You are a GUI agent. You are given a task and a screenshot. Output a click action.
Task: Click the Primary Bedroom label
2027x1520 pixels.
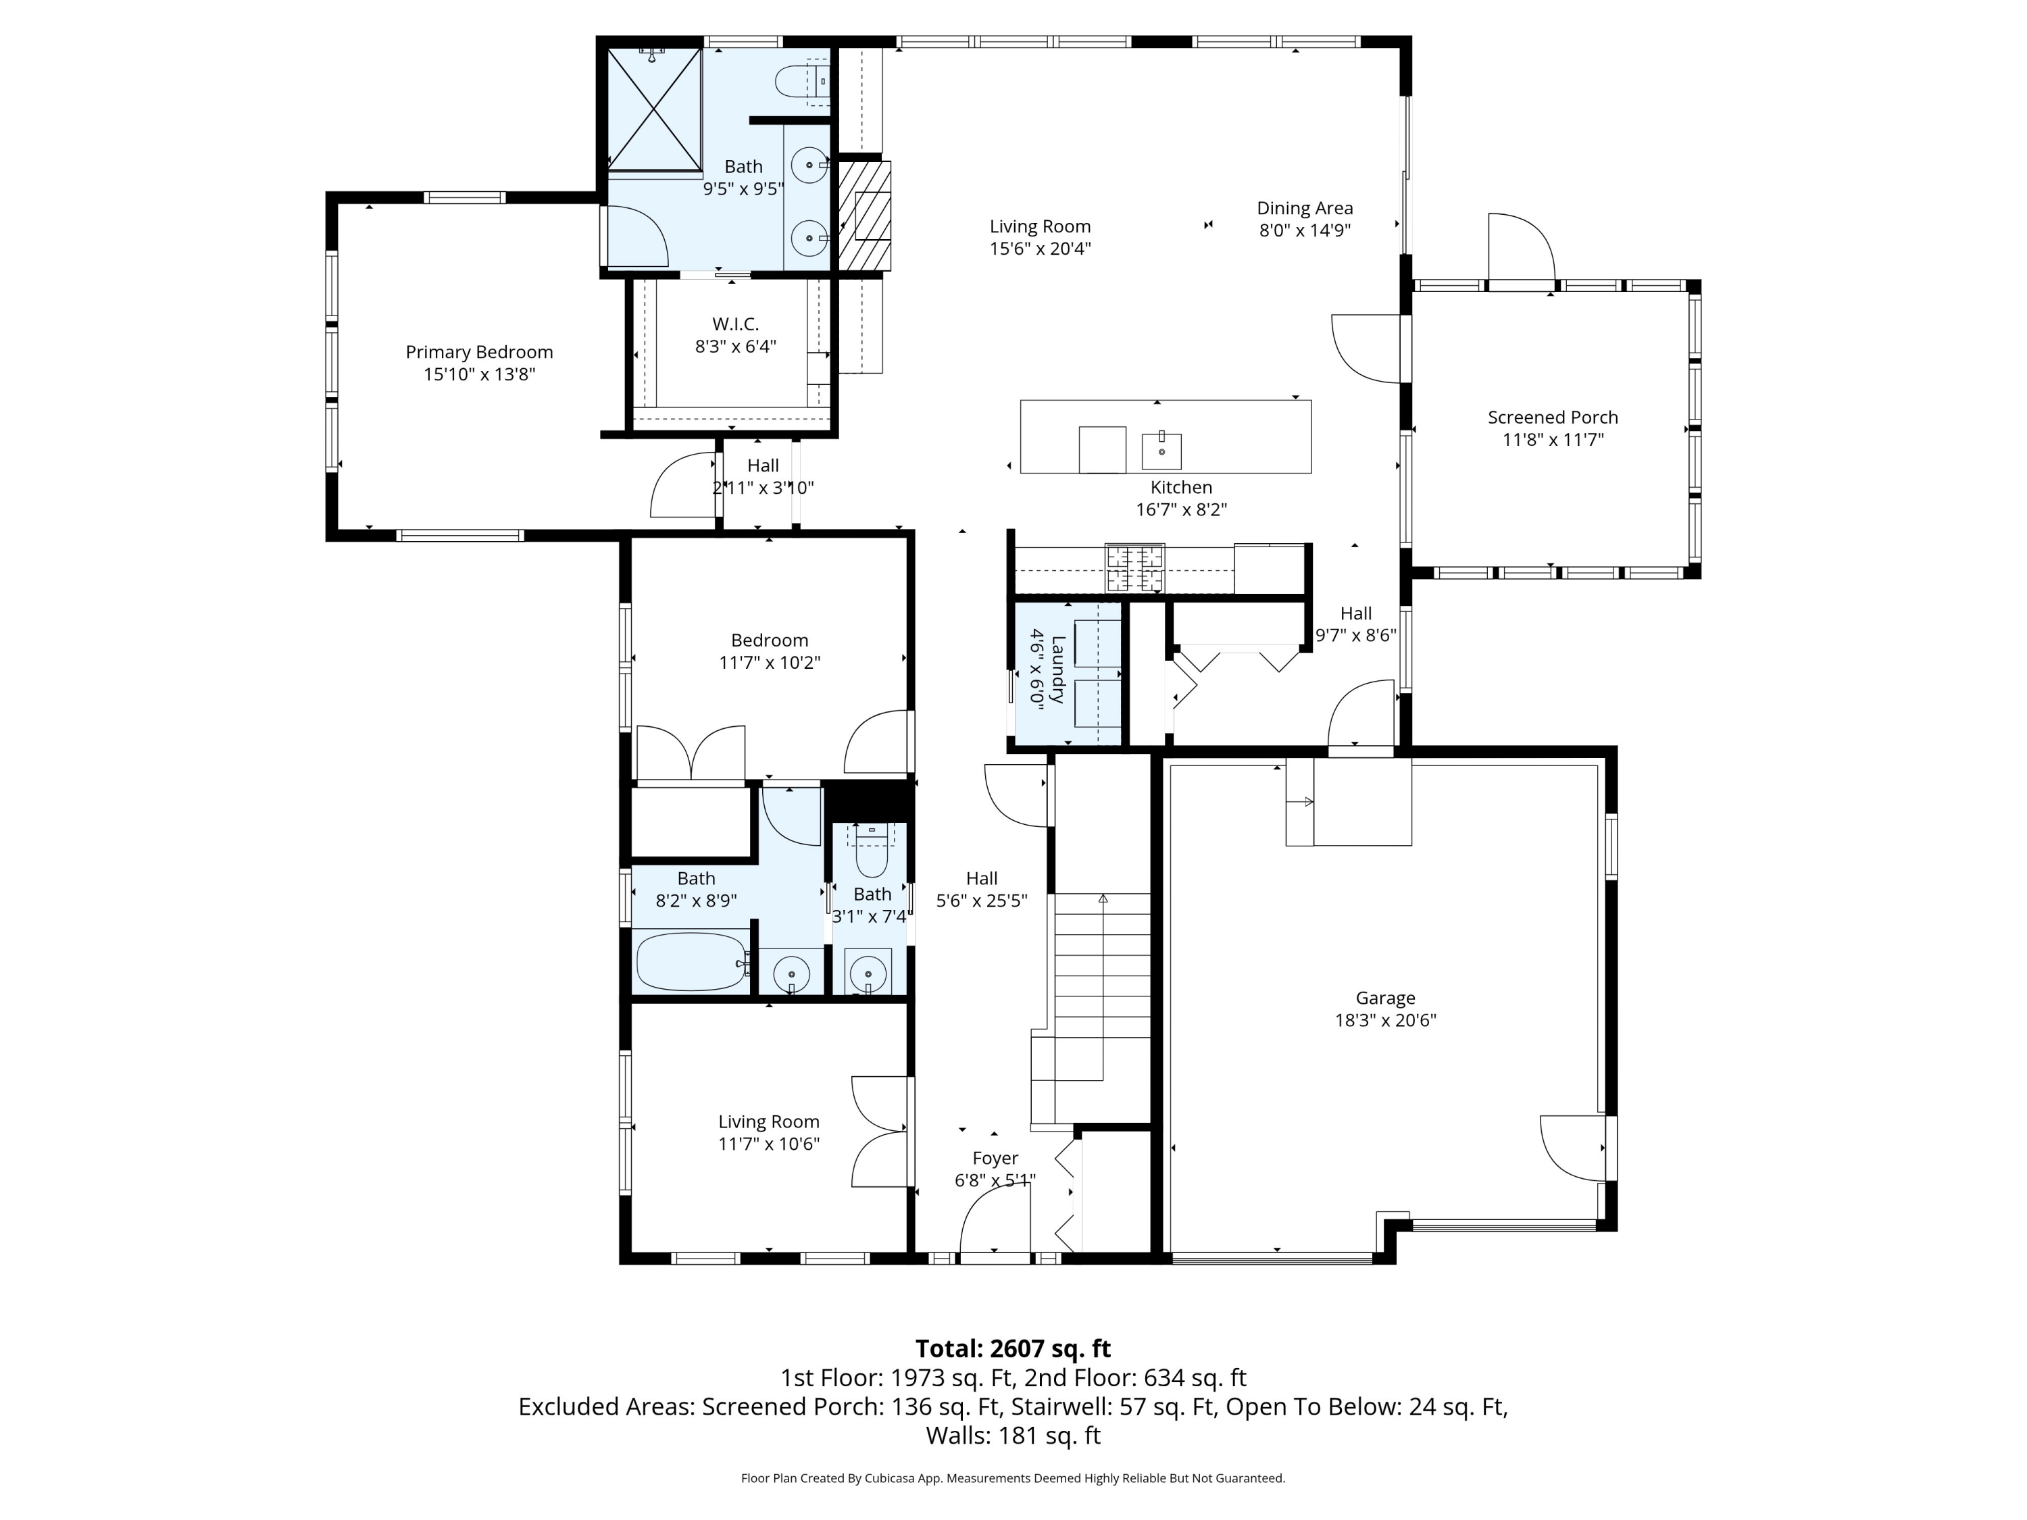tap(479, 352)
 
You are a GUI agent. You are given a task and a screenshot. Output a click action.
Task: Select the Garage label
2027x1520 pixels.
tap(1386, 998)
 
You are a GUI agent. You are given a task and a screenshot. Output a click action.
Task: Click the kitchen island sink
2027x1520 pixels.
tap(1161, 451)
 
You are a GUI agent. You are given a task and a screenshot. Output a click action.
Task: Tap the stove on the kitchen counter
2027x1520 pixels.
tap(1134, 567)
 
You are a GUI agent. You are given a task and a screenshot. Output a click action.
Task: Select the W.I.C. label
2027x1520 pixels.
tap(736, 324)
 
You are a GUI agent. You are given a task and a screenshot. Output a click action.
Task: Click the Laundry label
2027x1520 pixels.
tap(1057, 669)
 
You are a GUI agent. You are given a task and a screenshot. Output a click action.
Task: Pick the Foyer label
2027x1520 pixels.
tap(995, 1158)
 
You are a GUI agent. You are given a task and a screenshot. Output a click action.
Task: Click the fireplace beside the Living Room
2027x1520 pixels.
tap(865, 216)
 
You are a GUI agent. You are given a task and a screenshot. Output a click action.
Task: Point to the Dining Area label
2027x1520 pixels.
tap(1305, 208)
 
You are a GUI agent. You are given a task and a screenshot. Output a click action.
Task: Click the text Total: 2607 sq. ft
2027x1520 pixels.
tap(1013, 1348)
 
